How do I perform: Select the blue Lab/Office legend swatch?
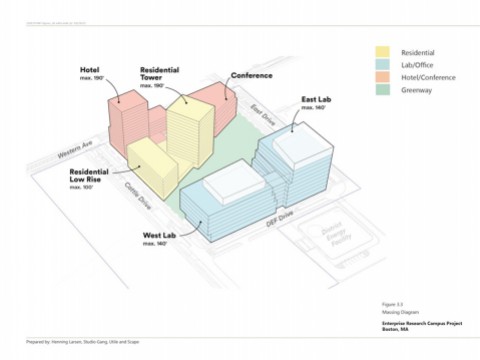383,65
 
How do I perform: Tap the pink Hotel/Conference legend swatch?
383,79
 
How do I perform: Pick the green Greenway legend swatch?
383,94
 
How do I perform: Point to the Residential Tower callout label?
161,74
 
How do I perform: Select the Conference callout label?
251,75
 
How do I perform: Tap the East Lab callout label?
317,101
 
